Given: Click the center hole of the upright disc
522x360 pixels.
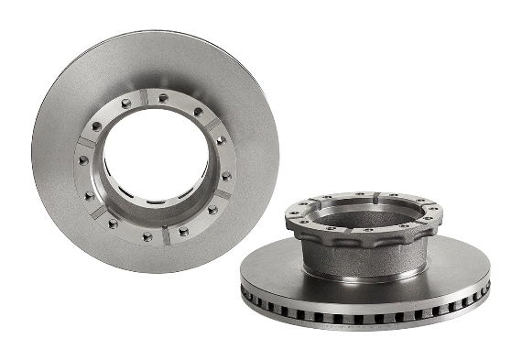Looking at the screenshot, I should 156,156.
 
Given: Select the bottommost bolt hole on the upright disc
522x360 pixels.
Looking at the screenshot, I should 147,236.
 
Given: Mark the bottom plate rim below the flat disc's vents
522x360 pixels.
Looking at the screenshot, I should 366,325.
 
